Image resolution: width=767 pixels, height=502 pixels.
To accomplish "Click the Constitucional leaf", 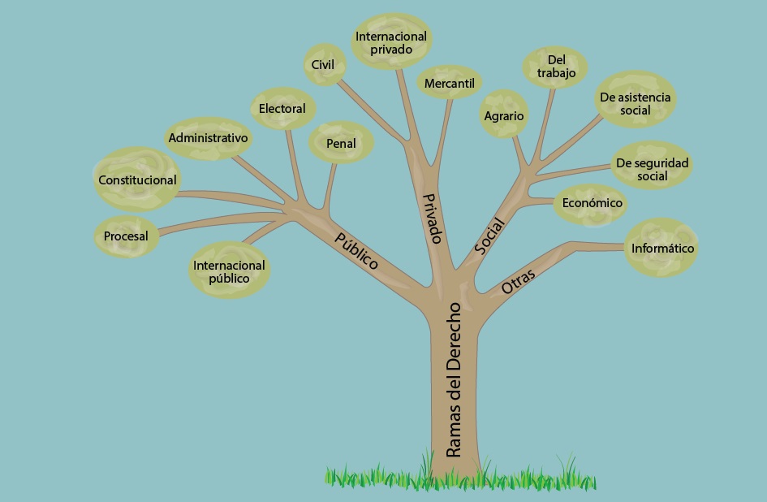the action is (x=136, y=180).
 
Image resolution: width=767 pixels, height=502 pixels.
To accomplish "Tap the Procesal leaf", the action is (x=126, y=236).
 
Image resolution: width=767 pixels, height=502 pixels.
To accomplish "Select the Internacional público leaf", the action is (x=229, y=271).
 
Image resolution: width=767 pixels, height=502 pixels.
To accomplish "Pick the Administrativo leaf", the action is (x=208, y=138).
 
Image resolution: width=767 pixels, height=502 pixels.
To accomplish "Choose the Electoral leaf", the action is (x=282, y=109).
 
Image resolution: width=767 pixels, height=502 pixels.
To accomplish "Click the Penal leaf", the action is (x=341, y=143).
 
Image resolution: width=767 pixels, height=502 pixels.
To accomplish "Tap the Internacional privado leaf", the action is (x=391, y=42).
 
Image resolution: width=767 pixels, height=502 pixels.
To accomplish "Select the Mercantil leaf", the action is (x=450, y=83).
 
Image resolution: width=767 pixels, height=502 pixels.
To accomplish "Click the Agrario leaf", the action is (x=504, y=116).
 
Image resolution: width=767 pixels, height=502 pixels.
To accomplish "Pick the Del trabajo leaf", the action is (x=556, y=67).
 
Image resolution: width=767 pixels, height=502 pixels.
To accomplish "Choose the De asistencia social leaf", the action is (x=636, y=103).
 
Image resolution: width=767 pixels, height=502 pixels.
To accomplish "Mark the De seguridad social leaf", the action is (x=653, y=169).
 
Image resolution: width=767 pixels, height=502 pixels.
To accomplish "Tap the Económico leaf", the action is (x=592, y=203).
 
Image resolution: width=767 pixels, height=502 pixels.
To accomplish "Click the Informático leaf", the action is (x=662, y=249).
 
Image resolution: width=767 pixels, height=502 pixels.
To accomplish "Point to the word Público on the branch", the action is (x=357, y=251).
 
